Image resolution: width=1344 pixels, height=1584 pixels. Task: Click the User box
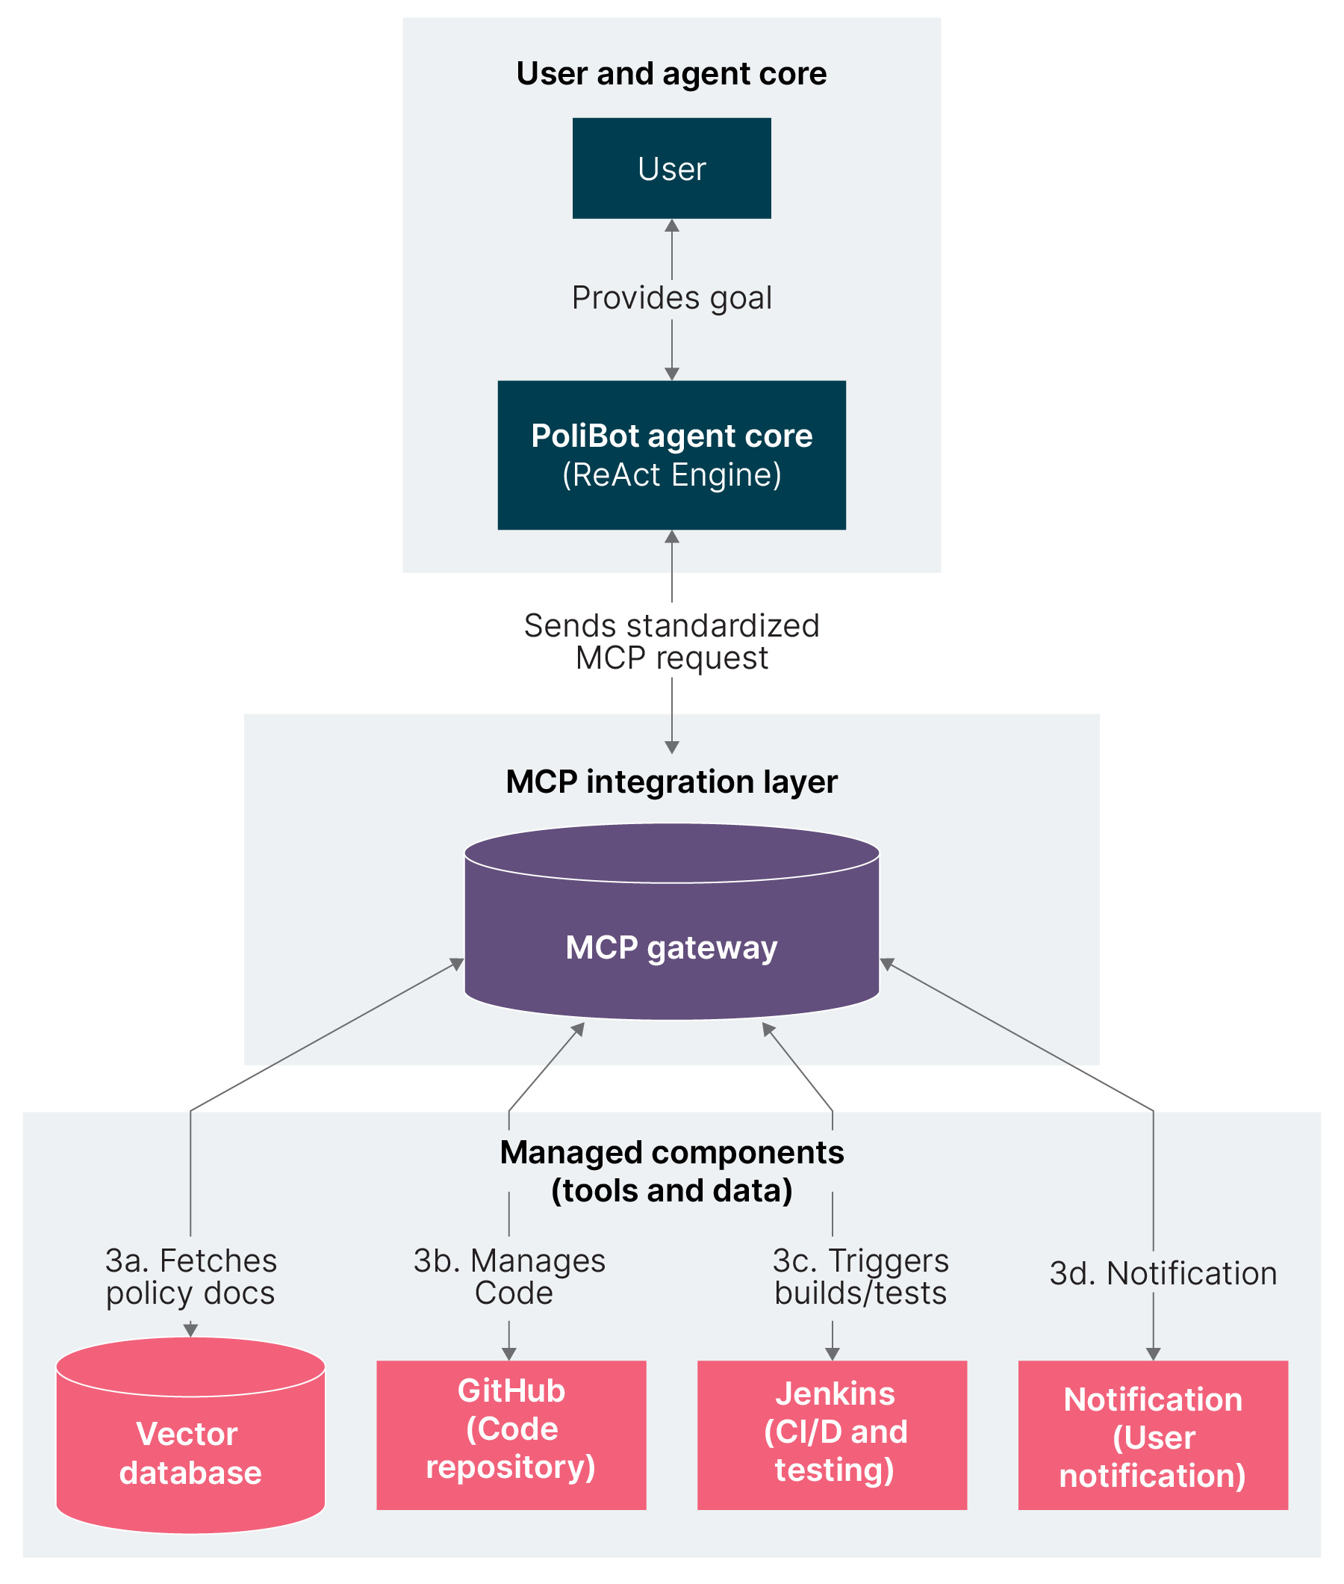pyautogui.click(x=671, y=167)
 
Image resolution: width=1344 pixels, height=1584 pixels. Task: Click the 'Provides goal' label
pyautogui.click(x=671, y=298)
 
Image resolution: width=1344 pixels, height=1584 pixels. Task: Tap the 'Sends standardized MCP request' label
pyautogui.click(x=671, y=641)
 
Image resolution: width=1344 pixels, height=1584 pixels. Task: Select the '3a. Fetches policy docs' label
pyautogui.click(x=190, y=1276)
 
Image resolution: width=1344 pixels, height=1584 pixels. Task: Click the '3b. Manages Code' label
pyautogui.click(x=510, y=1276)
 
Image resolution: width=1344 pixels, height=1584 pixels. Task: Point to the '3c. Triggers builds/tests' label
pyautogui.click(x=860, y=1276)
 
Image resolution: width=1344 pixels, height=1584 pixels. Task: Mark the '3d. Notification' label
pyautogui.click(x=1163, y=1273)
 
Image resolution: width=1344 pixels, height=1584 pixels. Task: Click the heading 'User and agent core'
pyautogui.click(x=671, y=74)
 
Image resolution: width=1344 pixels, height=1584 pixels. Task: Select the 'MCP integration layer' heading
pyautogui.click(x=671, y=782)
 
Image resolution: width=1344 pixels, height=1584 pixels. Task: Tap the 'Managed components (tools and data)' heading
pyautogui.click(x=671, y=1171)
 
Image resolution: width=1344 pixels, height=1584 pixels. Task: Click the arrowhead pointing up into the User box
pyautogui.click(x=671, y=226)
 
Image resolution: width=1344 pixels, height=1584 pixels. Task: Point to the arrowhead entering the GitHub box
pyautogui.click(x=509, y=1354)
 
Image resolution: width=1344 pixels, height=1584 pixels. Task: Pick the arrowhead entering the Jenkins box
pyautogui.click(x=832, y=1354)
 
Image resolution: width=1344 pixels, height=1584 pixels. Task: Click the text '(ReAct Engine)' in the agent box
pyautogui.click(x=671, y=475)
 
